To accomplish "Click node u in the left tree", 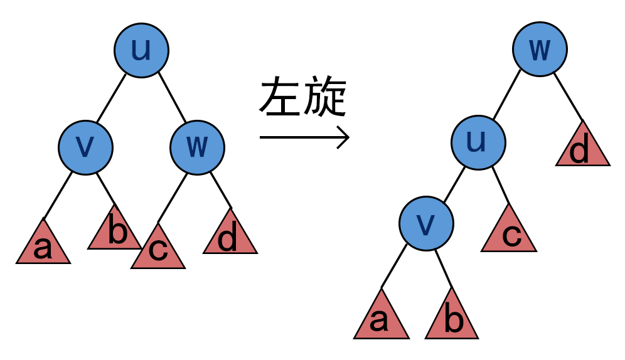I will pyautogui.click(x=142, y=50).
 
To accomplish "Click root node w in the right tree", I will pyautogui.click(x=540, y=50).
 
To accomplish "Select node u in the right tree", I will pyautogui.click(x=478, y=143).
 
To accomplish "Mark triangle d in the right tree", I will pyautogui.click(x=583, y=149).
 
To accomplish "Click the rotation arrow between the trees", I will pyautogui.click(x=304, y=137).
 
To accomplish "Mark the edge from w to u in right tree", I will pyautogui.click(x=506, y=95).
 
